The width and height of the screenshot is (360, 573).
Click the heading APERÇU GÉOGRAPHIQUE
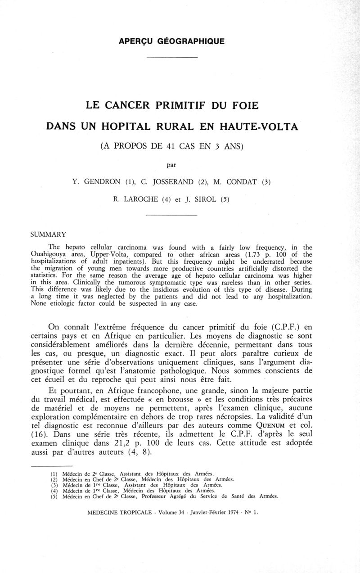tap(171, 41)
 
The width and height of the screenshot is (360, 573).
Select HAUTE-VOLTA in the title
tap(260, 126)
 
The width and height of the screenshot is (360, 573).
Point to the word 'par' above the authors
tap(171, 165)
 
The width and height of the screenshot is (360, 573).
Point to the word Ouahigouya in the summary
tap(49, 254)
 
